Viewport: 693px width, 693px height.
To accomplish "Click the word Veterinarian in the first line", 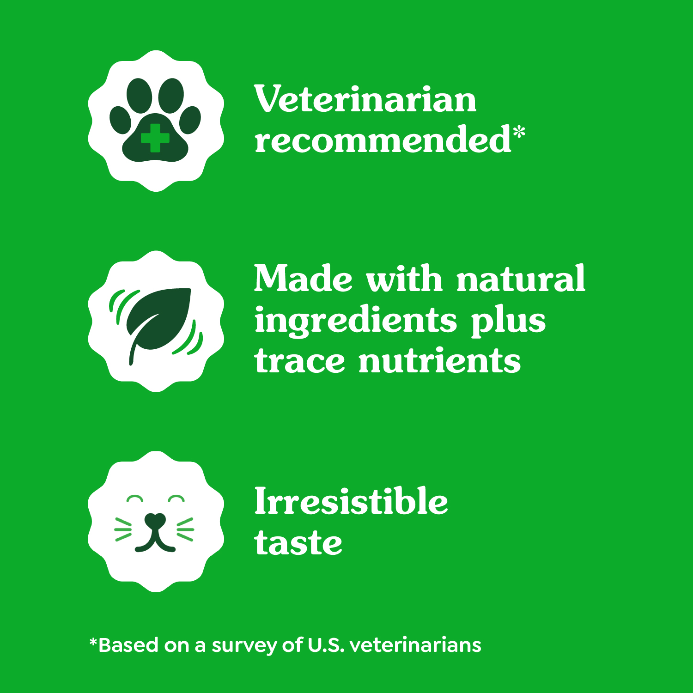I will [365, 99].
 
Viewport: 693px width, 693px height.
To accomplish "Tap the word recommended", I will [383, 140].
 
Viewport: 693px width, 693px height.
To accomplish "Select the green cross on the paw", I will [155, 138].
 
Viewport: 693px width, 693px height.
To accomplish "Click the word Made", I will [303, 279].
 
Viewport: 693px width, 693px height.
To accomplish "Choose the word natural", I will [521, 279].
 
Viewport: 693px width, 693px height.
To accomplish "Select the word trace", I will [299, 361].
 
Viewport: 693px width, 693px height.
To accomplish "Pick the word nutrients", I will [439, 361].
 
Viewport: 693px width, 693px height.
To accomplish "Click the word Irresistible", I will [351, 501].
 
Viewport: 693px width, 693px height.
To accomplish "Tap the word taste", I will [298, 542].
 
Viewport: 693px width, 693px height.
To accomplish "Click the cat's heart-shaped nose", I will [155, 520].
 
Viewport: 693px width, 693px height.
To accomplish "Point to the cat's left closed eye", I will [135, 499].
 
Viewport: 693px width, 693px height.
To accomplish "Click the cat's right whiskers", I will [185, 529].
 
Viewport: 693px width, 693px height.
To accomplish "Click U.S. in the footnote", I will [326, 645].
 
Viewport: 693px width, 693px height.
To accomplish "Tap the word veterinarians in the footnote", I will [415, 645].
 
